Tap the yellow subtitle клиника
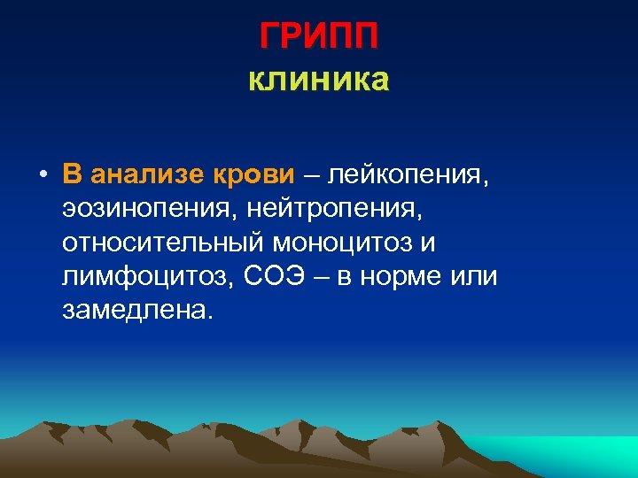click(319, 81)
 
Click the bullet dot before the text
click(43, 174)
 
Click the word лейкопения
click(408, 174)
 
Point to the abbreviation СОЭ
click(280, 276)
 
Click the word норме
click(402, 277)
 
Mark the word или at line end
click(477, 277)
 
